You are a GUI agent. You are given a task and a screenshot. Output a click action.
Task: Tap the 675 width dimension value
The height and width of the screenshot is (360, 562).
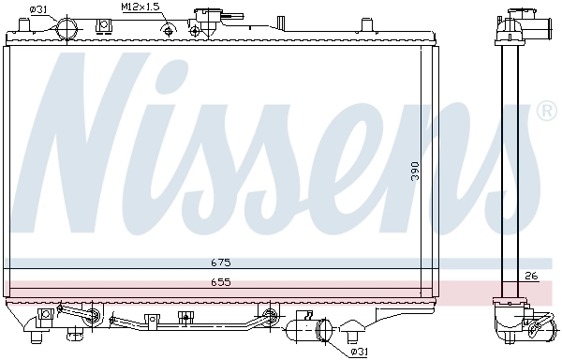coord(220,262)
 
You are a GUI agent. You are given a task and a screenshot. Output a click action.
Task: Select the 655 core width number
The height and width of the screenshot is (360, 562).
coord(220,281)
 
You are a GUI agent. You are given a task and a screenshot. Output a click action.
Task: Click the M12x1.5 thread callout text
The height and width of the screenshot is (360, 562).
coord(140,7)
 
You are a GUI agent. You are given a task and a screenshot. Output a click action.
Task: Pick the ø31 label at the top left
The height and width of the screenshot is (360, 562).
coord(38,8)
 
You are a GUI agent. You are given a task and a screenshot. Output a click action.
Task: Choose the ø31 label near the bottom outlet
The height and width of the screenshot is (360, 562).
coord(357,352)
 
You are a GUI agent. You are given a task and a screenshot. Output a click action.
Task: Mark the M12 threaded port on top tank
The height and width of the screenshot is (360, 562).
coord(169,31)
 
